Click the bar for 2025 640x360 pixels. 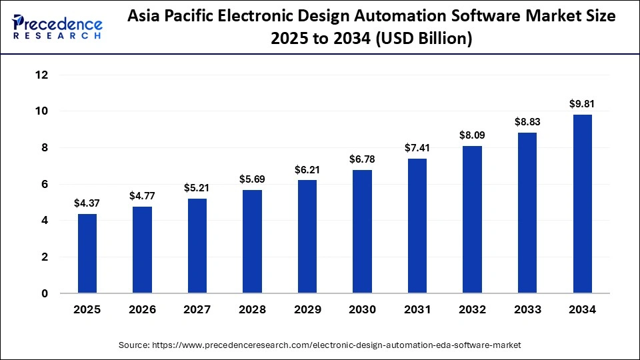click(87, 253)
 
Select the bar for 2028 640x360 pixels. click(252, 241)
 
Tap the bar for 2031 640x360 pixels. click(417, 225)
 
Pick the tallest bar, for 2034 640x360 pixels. click(581, 203)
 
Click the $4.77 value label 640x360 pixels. click(142, 197)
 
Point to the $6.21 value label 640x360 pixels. click(307, 170)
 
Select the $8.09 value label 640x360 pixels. click(471, 135)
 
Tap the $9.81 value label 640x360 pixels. click(581, 104)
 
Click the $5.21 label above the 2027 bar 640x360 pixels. click(197, 189)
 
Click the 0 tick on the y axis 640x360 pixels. click(45, 293)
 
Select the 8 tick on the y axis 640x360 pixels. click(45, 147)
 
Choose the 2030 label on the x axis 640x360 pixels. click(362, 309)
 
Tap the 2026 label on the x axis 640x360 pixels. click(142, 309)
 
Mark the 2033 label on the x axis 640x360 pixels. click(527, 309)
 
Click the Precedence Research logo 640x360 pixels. click(57, 27)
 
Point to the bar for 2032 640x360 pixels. click(471, 219)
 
